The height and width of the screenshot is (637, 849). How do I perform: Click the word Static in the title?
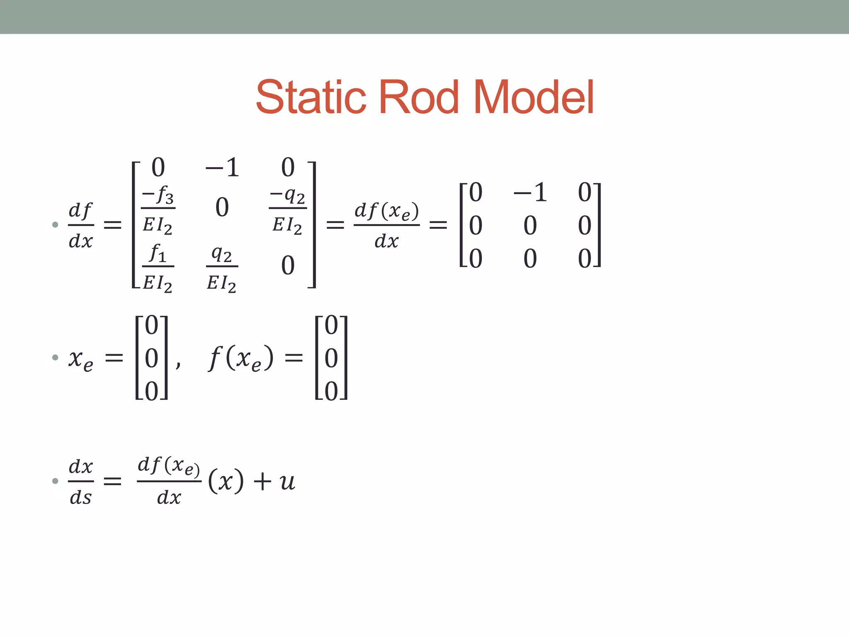311,97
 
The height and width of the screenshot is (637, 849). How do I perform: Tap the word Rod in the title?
419,97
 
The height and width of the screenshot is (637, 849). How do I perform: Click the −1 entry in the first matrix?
222,168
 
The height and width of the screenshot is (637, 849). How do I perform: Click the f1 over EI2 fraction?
158,267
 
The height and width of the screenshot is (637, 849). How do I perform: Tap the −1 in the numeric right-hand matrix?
530,192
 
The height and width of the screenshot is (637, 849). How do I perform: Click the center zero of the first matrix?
222,207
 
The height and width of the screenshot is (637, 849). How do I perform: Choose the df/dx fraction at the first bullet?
81,225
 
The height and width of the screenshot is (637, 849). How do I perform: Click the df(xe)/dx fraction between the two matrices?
386,225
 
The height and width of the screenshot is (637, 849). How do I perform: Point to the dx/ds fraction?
81,481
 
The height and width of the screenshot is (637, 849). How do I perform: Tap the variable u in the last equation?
287,481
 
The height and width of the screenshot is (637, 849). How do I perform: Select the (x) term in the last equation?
226,481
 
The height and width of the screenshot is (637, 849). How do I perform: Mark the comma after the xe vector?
178,365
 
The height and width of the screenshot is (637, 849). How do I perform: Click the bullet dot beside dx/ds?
55,481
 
